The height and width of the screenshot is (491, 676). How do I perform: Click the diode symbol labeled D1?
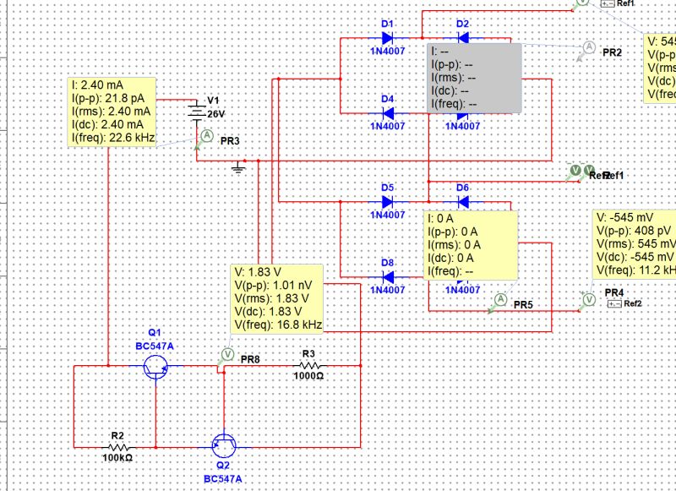tap(388, 39)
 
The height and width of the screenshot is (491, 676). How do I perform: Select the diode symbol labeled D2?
tap(462, 39)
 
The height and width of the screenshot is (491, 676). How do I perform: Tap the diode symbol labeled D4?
tap(388, 114)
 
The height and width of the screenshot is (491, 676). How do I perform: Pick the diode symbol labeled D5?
tap(388, 202)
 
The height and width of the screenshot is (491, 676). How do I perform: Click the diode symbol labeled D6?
tap(462, 202)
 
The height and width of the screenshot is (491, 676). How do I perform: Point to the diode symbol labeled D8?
tap(388, 277)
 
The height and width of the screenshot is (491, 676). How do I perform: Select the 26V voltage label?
tap(217, 113)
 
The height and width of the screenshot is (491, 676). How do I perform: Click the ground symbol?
tap(238, 170)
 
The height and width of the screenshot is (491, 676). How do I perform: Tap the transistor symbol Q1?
tap(156, 366)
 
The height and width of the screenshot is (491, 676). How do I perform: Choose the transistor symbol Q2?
tap(223, 445)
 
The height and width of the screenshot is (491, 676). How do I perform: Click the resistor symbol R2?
tap(117, 446)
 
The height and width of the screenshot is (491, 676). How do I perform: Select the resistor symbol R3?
tap(308, 366)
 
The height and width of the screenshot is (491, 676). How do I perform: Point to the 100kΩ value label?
tap(117, 457)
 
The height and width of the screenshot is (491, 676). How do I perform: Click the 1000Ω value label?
tap(308, 376)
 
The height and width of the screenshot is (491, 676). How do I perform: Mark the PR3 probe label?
tap(230, 140)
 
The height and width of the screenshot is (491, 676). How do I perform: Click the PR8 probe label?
tap(250, 359)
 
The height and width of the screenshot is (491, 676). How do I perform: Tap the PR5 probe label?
tap(523, 303)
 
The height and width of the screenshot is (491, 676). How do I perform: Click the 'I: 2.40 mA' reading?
tap(98, 86)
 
